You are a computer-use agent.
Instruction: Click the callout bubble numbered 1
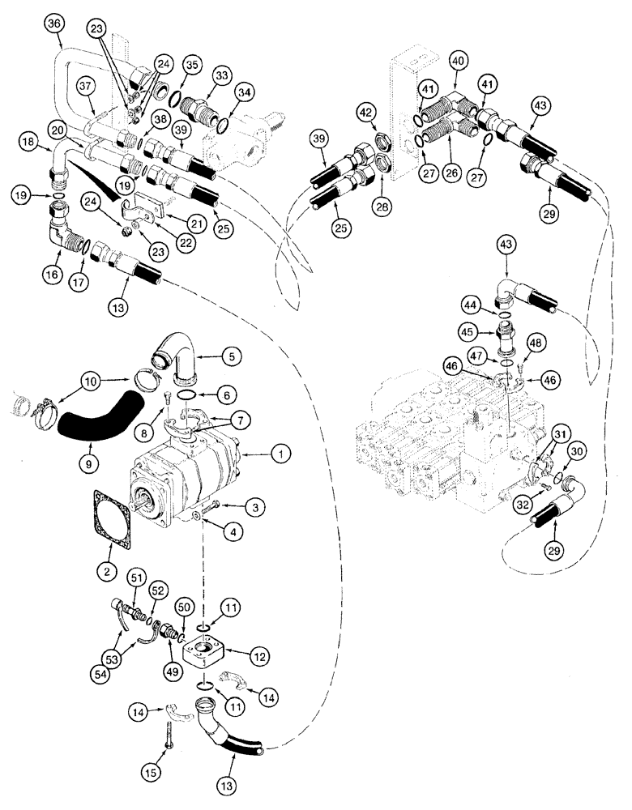(278, 457)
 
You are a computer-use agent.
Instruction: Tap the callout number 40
(457, 61)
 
